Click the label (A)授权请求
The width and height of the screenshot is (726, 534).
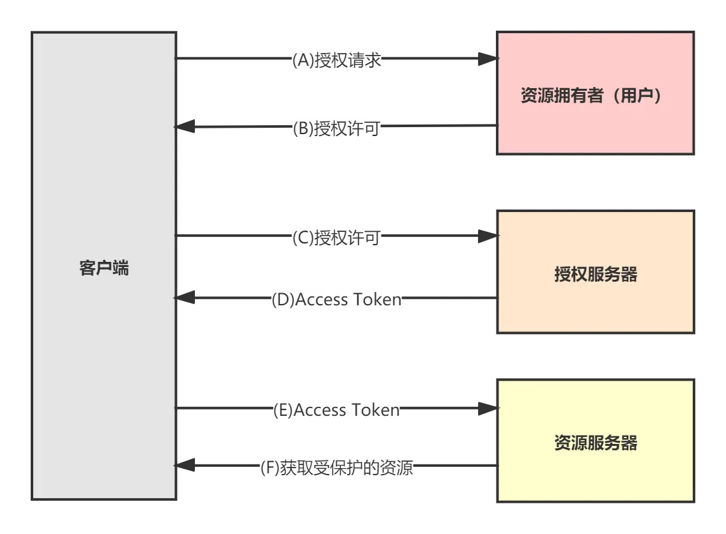337,61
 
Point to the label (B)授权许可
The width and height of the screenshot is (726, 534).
337,128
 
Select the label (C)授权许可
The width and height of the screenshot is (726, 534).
337,238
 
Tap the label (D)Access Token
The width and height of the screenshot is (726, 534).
337,299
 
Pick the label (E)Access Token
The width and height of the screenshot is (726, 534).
337,409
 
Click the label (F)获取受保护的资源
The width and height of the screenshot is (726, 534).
337,468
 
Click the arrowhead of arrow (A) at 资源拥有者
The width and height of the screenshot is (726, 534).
487,59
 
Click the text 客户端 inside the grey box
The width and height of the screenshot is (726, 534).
104,268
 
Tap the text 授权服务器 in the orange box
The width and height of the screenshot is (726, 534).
596,275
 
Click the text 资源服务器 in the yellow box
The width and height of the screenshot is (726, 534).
596,443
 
